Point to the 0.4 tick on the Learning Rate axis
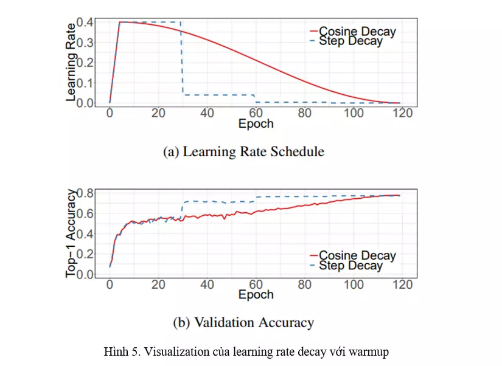click(x=85, y=22)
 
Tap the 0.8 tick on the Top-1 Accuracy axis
click(x=85, y=194)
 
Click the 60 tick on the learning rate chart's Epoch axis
click(x=256, y=113)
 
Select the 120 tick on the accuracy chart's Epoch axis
click(x=403, y=285)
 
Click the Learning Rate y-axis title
click(x=71, y=61)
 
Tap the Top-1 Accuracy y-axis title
click(x=71, y=233)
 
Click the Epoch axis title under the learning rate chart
click(x=256, y=124)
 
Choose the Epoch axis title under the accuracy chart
click(x=256, y=295)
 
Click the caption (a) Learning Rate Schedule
click(x=243, y=151)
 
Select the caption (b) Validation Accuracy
click(x=243, y=323)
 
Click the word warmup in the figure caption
click(x=367, y=351)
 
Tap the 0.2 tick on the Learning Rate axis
click(x=85, y=63)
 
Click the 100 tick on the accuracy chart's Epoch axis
click(x=354, y=285)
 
